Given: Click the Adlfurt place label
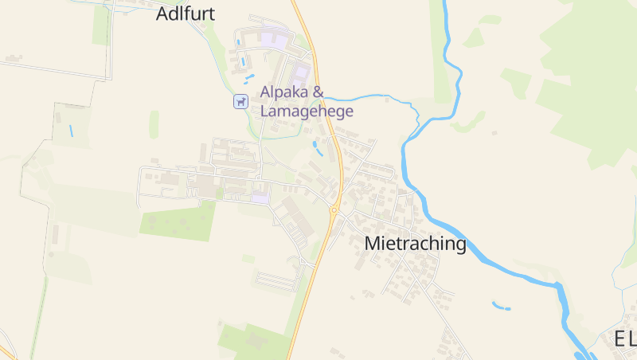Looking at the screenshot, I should coord(186,14).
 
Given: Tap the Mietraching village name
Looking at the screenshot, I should coord(415,244).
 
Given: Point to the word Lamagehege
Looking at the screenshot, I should coord(307,112).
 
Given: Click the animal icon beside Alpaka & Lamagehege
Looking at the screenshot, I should coord(240,101).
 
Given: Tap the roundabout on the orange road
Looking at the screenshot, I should coord(335,209).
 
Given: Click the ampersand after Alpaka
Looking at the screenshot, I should coord(318,92).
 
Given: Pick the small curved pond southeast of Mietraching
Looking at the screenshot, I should coord(501,306).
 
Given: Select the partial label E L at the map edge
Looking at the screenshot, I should coord(624,339).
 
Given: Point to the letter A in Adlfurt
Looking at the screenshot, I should coord(163,14).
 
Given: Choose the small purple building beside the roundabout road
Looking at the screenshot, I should coord(260,197).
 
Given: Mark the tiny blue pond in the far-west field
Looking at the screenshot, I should coord(71,130).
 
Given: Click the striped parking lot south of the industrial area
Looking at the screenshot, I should coord(276,280).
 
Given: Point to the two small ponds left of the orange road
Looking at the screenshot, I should coord(318,147).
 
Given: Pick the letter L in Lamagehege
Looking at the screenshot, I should coord(265,112).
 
